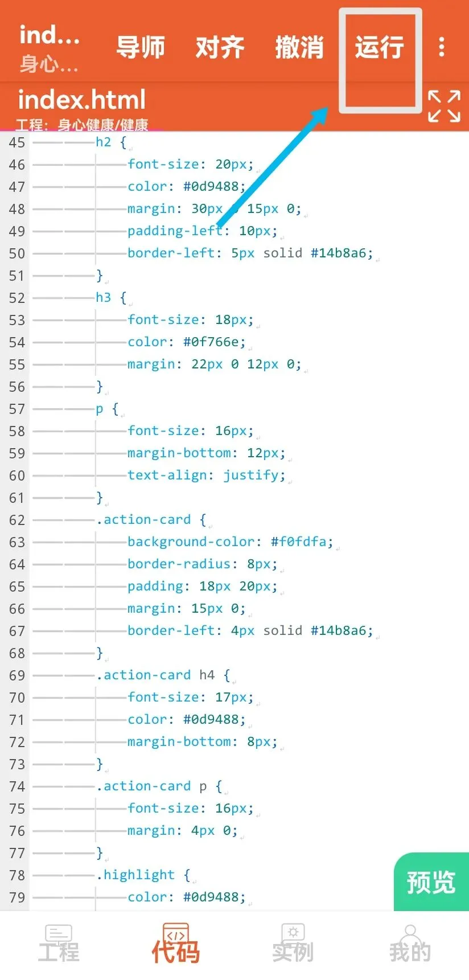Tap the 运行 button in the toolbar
pos(380,47)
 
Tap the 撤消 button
pos(299,47)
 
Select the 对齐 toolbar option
pos(220,47)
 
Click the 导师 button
pos(141,47)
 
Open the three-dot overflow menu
pos(442,47)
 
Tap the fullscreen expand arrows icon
pos(444,106)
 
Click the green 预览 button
pos(431,882)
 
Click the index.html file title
pos(82,100)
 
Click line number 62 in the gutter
pos(17,520)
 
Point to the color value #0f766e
pos(214,342)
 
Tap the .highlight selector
pos(136,875)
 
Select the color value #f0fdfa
pos(298,542)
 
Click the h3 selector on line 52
pos(104,298)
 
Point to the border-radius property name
pos(179,564)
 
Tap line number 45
pos(17,143)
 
